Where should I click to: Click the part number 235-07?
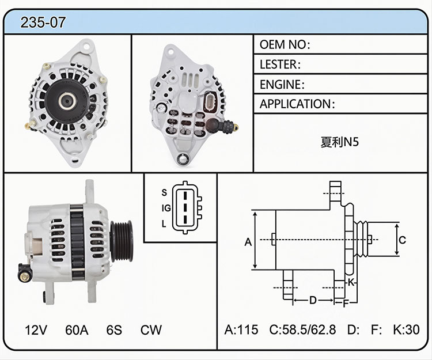click(x=43, y=22)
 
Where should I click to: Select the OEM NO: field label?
click(x=285, y=44)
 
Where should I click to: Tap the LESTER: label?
click(x=280, y=65)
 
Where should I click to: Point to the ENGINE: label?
click(x=282, y=84)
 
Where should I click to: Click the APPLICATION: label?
click(x=297, y=104)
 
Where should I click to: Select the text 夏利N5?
click(x=340, y=142)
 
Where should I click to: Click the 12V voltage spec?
click(x=36, y=329)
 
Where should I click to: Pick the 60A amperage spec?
click(x=77, y=329)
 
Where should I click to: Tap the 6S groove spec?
click(x=114, y=329)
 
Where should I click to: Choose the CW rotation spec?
click(x=151, y=329)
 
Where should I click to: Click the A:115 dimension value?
click(x=241, y=329)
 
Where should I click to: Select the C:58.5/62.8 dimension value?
click(x=302, y=329)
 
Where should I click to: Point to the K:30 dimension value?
click(x=407, y=329)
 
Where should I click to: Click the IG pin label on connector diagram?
click(x=166, y=209)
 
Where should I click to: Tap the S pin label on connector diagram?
click(x=164, y=192)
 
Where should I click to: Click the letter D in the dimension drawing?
click(x=313, y=300)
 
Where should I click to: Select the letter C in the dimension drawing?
click(x=402, y=240)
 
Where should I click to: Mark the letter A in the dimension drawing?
click(x=248, y=242)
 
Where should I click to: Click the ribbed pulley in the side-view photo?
click(x=122, y=241)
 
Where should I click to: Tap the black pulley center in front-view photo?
click(x=67, y=101)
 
